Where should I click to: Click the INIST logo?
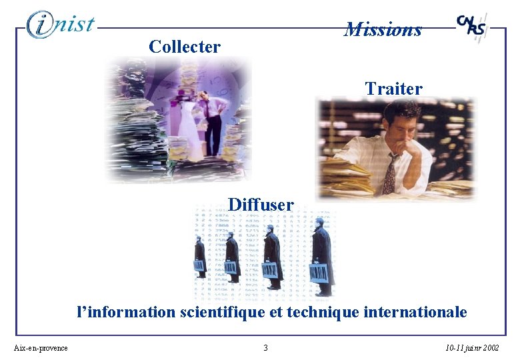[61, 25]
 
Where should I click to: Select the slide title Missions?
[383, 29]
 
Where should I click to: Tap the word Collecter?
[185, 47]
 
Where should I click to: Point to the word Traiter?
[393, 89]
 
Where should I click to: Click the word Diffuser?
[261, 205]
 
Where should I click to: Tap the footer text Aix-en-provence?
[41, 348]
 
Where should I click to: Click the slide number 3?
[265, 348]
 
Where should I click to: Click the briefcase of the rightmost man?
[319, 273]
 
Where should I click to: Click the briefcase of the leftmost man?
[199, 266]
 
